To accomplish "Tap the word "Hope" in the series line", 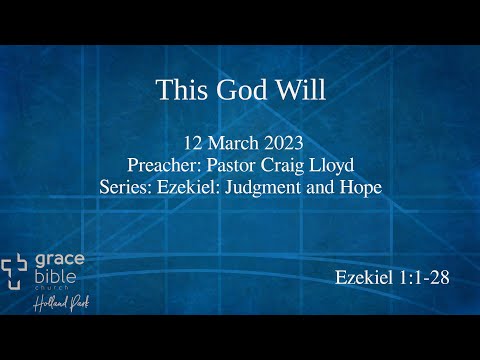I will coord(362,187).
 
